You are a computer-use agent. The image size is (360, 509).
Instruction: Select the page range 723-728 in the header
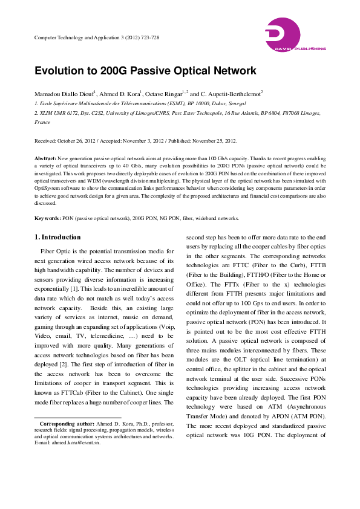coord(147,37)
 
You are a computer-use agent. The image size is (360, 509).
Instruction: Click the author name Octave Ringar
coord(165,94)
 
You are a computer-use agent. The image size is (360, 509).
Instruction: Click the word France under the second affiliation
coord(42,122)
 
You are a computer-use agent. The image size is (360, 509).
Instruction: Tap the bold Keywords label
coord(47,218)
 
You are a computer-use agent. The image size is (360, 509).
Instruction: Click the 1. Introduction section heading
coord(57,237)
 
